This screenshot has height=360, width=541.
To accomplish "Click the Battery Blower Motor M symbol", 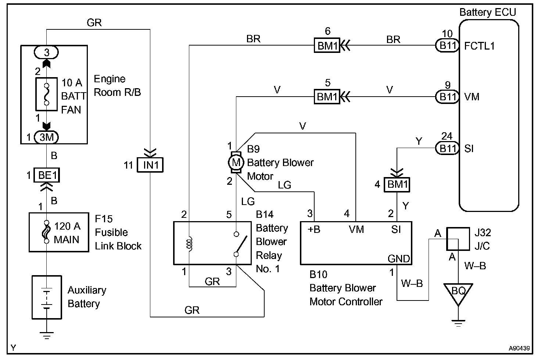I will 236,162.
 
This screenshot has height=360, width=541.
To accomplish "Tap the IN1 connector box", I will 150,165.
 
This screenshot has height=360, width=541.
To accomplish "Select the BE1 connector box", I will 47,175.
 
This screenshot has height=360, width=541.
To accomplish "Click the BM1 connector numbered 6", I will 327,46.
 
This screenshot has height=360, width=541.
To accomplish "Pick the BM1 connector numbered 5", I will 327,97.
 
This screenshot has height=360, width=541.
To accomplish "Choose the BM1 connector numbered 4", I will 397,184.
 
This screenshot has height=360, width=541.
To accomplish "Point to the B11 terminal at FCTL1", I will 447,46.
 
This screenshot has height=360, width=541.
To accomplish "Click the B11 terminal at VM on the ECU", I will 447,97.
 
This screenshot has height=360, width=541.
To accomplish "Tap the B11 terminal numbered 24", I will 447,148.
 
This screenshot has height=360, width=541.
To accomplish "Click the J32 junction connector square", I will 458,239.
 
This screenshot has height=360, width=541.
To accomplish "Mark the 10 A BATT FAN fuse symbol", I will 46,94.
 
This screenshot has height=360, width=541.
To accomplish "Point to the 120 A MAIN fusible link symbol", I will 46,232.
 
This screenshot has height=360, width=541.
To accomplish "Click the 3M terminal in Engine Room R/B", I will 46,137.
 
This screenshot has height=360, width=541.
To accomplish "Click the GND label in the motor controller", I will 399,259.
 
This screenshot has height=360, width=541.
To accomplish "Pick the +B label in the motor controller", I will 314,230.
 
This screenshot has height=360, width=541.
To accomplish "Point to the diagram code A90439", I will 519,348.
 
